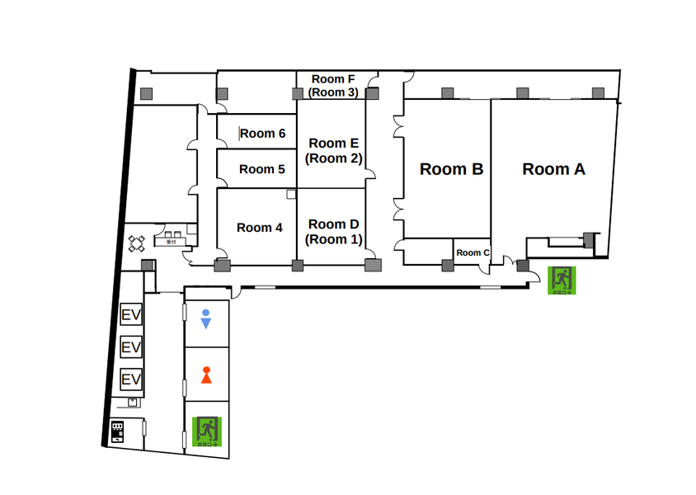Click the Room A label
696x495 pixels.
pyautogui.click(x=553, y=169)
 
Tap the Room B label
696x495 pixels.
pyautogui.click(x=451, y=169)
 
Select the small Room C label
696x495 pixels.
pyautogui.click(x=473, y=252)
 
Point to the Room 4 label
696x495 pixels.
pyautogui.click(x=259, y=227)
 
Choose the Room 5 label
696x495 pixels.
pyautogui.click(x=262, y=169)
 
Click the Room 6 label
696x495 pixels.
pyautogui.click(x=263, y=134)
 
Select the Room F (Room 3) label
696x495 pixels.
pyautogui.click(x=333, y=86)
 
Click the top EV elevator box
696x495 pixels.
pyautogui.click(x=131, y=314)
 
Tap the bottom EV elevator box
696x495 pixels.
pyautogui.click(x=131, y=379)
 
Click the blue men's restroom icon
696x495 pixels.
pyautogui.click(x=206, y=319)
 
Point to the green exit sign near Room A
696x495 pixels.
pyautogui.click(x=562, y=280)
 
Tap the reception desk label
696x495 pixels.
pyautogui.click(x=172, y=243)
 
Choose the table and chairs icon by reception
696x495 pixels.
pyautogui.click(x=137, y=243)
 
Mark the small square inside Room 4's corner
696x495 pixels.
pyautogui.click(x=290, y=194)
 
